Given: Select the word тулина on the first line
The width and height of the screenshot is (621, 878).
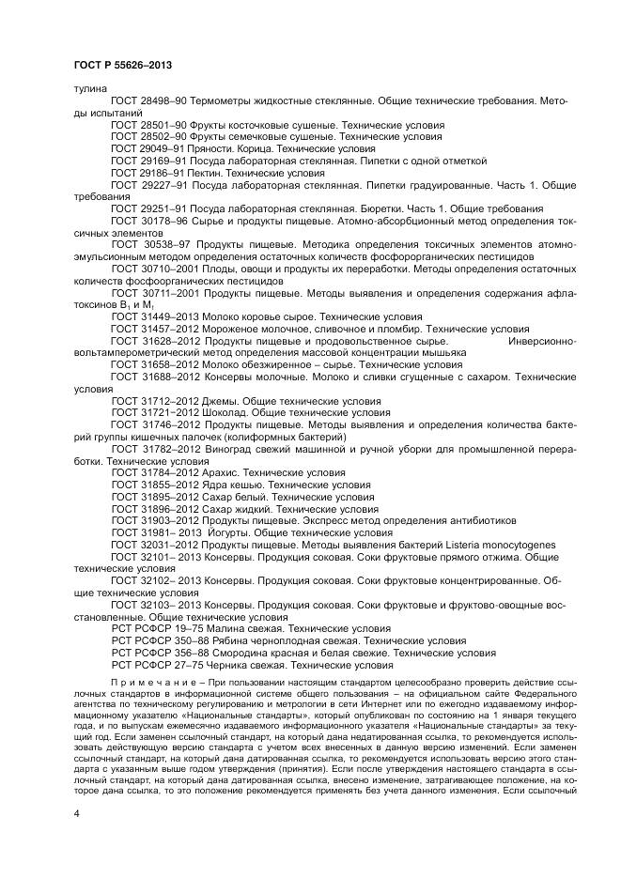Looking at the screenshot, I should [x=88, y=88].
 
